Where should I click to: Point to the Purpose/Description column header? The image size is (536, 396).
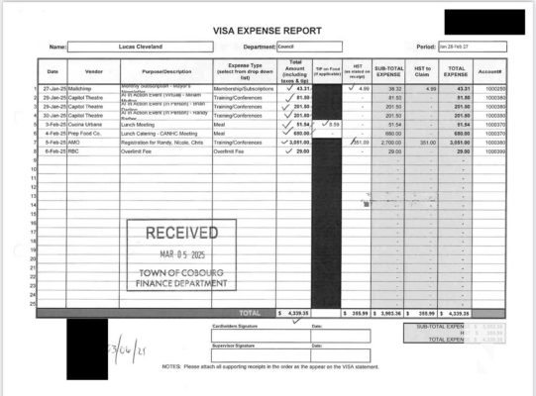165,71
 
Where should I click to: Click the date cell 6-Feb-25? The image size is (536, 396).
54,150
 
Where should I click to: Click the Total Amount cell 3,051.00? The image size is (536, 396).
296,142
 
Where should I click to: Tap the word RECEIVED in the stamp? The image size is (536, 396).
182,234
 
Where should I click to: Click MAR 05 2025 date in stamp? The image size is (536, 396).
182,254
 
